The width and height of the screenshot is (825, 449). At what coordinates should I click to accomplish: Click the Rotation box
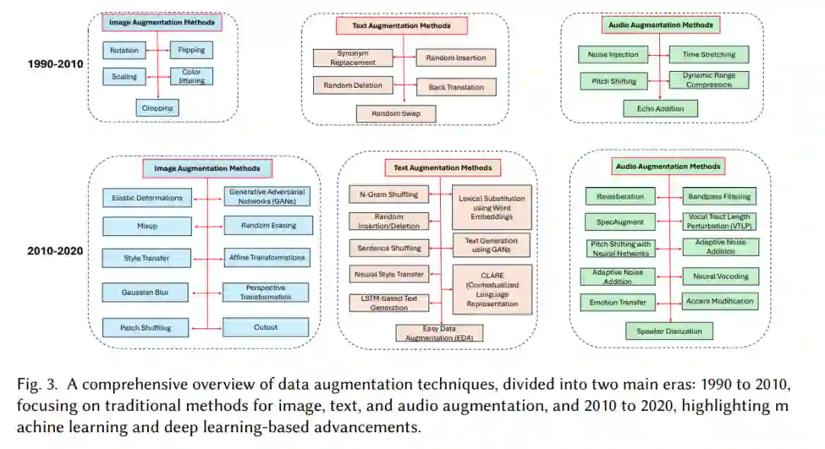124,51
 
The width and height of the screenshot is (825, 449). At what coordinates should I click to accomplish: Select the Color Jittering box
191,76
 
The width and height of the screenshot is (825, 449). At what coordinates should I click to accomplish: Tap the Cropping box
157,108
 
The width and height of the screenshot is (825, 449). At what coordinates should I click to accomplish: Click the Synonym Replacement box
353,58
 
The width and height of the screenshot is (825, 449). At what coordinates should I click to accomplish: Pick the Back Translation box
456,87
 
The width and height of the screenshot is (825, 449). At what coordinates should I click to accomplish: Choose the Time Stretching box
708,55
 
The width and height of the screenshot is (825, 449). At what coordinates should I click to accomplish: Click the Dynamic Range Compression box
708,80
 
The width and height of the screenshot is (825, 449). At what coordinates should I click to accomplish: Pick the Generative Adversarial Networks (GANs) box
267,197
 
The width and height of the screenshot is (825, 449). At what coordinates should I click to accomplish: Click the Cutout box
266,328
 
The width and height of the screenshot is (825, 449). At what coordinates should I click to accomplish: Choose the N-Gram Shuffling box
389,195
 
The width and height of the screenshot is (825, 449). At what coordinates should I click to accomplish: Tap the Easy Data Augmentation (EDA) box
439,332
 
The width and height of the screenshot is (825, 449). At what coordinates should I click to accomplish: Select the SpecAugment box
620,222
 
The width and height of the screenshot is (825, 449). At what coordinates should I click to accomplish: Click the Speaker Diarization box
669,331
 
